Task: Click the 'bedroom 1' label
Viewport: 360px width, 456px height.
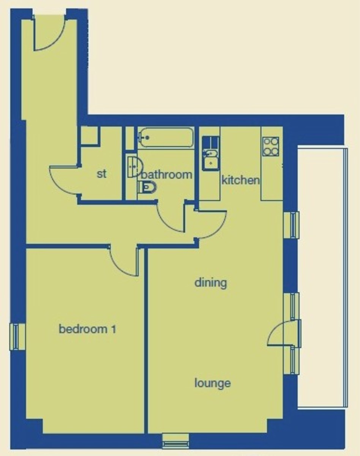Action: (87, 329)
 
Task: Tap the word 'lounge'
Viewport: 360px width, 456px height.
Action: (213, 383)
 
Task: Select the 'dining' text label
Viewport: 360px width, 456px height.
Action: (211, 283)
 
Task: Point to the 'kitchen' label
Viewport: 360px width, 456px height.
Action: (241, 180)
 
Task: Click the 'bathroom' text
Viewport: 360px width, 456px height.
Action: (167, 175)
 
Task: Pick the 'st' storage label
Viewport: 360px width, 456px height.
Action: (101, 174)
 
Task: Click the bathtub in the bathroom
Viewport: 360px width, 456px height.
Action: (165, 138)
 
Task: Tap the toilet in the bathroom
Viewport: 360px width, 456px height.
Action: (147, 187)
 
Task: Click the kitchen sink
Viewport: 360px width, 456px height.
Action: (210, 158)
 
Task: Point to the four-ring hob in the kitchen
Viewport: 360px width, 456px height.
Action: (271, 146)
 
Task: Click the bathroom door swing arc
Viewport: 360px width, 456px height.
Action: (171, 218)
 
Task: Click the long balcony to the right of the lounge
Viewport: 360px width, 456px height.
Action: (322, 277)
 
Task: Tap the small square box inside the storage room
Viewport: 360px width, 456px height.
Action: (90, 136)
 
